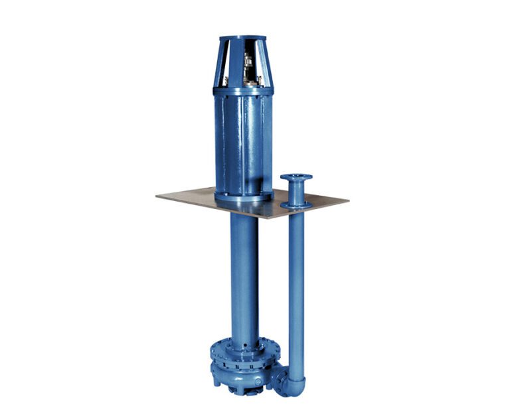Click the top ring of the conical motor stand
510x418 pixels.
click(x=242, y=38)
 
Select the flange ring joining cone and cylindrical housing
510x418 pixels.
click(x=242, y=90)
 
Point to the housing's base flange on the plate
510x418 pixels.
click(x=243, y=196)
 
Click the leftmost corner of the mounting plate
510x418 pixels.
click(x=158, y=196)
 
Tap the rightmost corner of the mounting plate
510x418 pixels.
click(x=347, y=199)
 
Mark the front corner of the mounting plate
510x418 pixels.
click(x=266, y=218)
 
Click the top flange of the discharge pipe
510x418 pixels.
click(x=296, y=177)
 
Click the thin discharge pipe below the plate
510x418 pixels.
click(x=296, y=285)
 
